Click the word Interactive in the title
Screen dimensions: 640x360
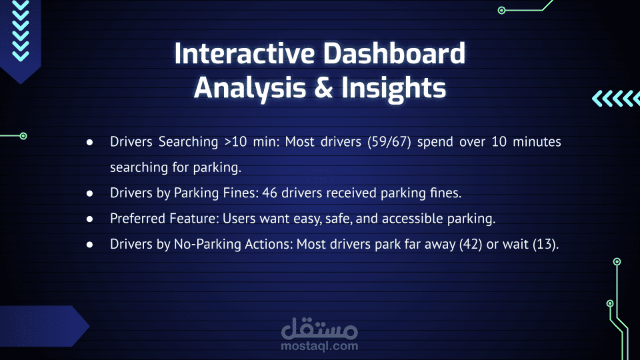[245, 53]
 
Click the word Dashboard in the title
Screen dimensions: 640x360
[394, 53]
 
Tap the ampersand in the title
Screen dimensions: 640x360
[324, 88]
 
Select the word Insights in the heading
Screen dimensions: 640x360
[393, 89]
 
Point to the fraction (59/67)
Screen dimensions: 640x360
[389, 141]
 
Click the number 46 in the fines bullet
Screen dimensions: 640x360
[269, 193]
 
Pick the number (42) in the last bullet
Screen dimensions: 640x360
[471, 244]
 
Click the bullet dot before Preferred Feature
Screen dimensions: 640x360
[90, 219]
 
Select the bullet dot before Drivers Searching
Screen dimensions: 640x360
[90, 142]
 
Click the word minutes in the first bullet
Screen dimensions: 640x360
[537, 141]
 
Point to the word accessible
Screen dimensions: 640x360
[412, 219]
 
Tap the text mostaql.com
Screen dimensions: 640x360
[319, 346]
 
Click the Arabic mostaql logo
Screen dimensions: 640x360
[319, 328]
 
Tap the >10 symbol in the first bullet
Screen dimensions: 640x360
[235, 141]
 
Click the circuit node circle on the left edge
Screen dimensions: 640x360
[23, 136]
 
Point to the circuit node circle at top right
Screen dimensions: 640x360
[501, 10]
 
